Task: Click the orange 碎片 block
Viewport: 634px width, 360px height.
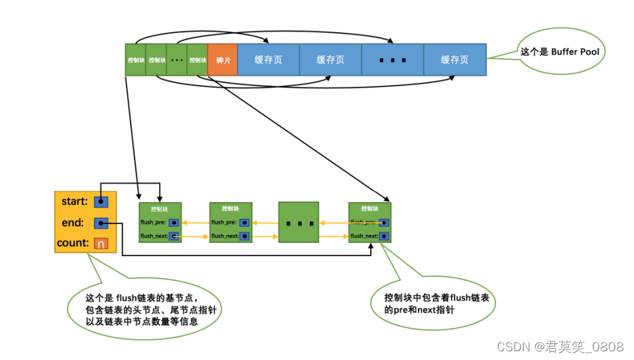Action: coord(222,60)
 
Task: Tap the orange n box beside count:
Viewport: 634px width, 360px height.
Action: coord(101,244)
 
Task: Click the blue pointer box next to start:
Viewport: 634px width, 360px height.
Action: coord(101,201)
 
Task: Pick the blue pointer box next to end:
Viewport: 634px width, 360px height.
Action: coord(101,223)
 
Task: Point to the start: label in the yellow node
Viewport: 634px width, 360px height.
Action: coord(74,201)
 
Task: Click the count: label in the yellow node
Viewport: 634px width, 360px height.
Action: coord(73,244)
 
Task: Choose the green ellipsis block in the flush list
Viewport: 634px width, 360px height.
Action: coord(299,222)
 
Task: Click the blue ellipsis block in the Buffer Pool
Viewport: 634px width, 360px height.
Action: coord(392,60)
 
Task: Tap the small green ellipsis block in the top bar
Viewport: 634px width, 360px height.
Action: coord(177,60)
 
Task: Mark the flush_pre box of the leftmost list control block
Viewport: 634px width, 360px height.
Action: coord(174,222)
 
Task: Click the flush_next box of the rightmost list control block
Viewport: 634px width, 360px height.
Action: coord(384,236)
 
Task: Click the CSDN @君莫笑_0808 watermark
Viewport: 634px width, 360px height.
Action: coord(560,346)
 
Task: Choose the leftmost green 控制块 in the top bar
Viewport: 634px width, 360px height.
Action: coord(135,60)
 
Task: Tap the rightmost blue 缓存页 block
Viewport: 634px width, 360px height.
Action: coord(455,60)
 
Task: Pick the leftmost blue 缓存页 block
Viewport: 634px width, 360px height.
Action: coord(268,60)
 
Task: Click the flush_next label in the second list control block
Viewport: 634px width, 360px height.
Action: coord(224,236)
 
